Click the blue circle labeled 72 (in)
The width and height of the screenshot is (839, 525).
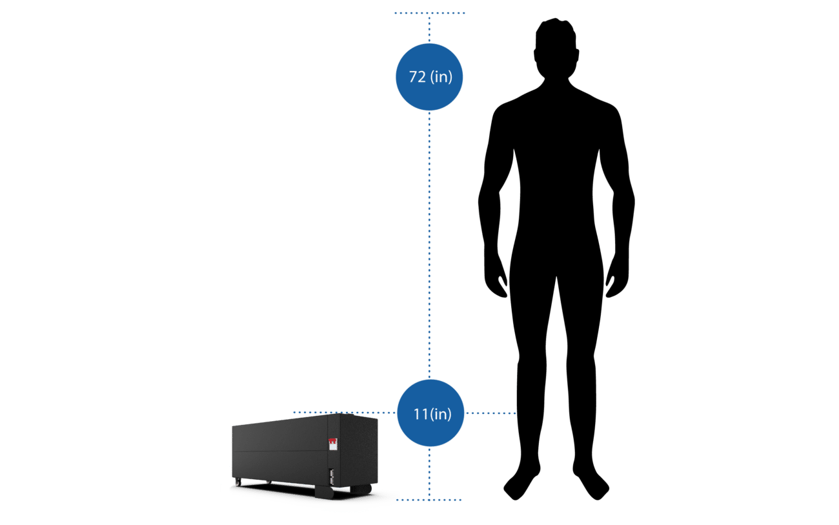[x=429, y=77]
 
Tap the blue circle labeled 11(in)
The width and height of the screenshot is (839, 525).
[x=430, y=413]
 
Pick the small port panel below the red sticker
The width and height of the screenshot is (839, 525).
[x=332, y=477]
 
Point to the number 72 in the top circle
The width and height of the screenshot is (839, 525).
[x=417, y=77]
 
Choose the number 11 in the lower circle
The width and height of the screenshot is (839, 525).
[x=421, y=414]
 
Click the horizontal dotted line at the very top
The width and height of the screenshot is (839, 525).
[x=430, y=13]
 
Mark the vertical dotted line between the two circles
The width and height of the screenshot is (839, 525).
[x=430, y=245]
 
